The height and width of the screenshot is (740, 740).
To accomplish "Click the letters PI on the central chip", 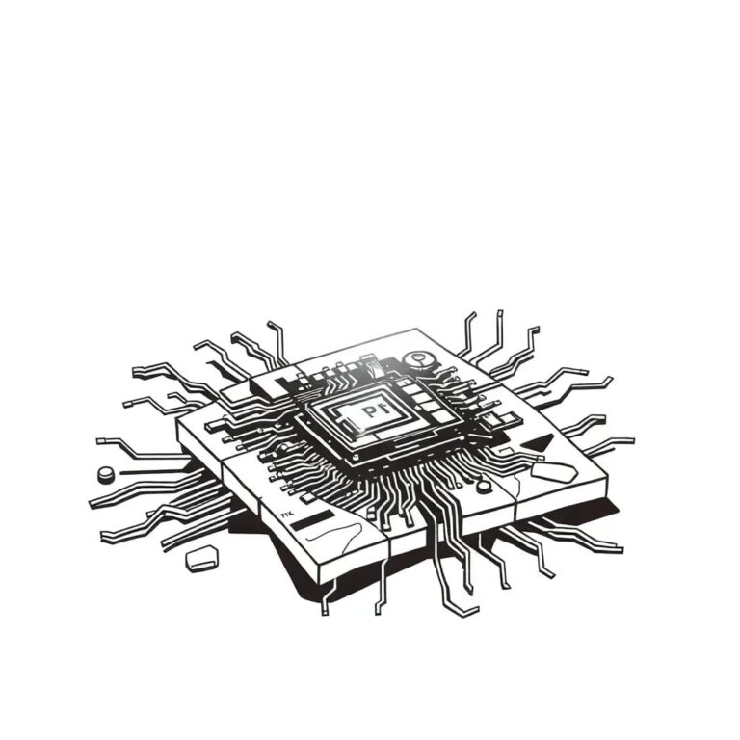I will tap(371, 412).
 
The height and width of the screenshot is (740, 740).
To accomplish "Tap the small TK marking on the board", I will tap(285, 515).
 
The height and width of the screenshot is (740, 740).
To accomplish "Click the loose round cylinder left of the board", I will tap(106, 474).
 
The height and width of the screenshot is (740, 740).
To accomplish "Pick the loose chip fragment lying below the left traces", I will tap(200, 558).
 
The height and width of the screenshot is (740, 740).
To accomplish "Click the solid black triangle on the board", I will tap(542, 444).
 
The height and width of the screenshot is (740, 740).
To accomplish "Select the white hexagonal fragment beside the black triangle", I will tap(550, 471).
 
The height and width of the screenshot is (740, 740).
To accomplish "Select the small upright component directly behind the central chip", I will tap(372, 366).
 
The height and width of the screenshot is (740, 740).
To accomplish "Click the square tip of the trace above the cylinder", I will tap(100, 441).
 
